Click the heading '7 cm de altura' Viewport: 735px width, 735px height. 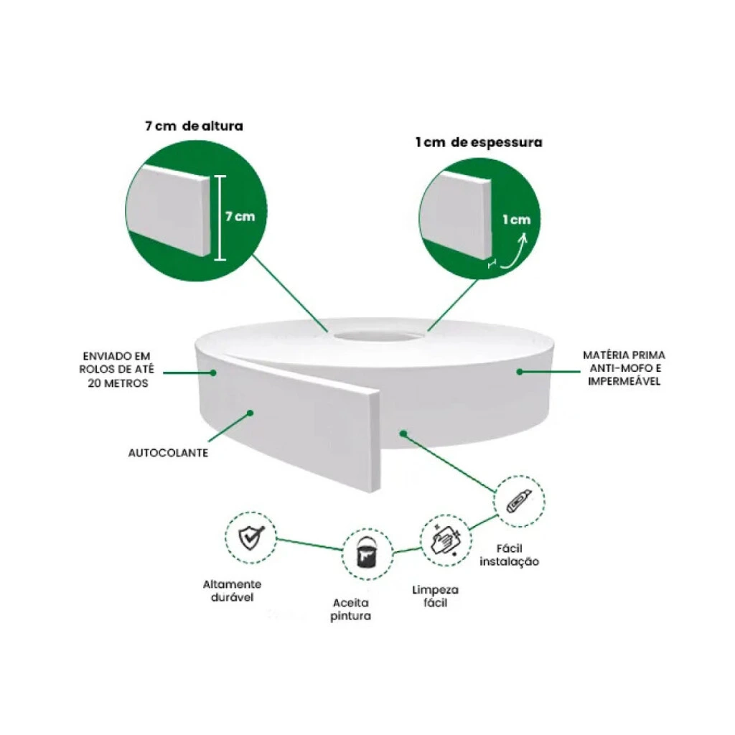(194, 126)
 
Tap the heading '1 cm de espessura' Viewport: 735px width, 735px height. (479, 143)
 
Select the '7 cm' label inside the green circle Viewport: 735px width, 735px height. (240, 217)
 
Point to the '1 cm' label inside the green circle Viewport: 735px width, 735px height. (517, 220)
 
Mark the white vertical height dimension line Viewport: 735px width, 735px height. (220, 218)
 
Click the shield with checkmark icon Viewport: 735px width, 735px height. (252, 537)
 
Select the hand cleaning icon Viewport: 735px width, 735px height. (446, 540)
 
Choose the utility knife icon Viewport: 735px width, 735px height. (518, 501)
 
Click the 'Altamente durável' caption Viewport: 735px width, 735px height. (232, 591)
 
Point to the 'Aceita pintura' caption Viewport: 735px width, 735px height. (350, 609)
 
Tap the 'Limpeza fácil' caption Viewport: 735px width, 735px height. (436, 596)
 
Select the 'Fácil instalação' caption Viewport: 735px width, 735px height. (509, 555)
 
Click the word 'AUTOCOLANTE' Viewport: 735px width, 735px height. (168, 453)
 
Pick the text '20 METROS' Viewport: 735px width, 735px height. (118, 383)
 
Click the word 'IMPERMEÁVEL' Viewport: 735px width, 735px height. (624, 381)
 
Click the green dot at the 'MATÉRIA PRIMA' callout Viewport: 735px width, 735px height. (520, 372)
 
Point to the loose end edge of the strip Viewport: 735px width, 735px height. (375, 440)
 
